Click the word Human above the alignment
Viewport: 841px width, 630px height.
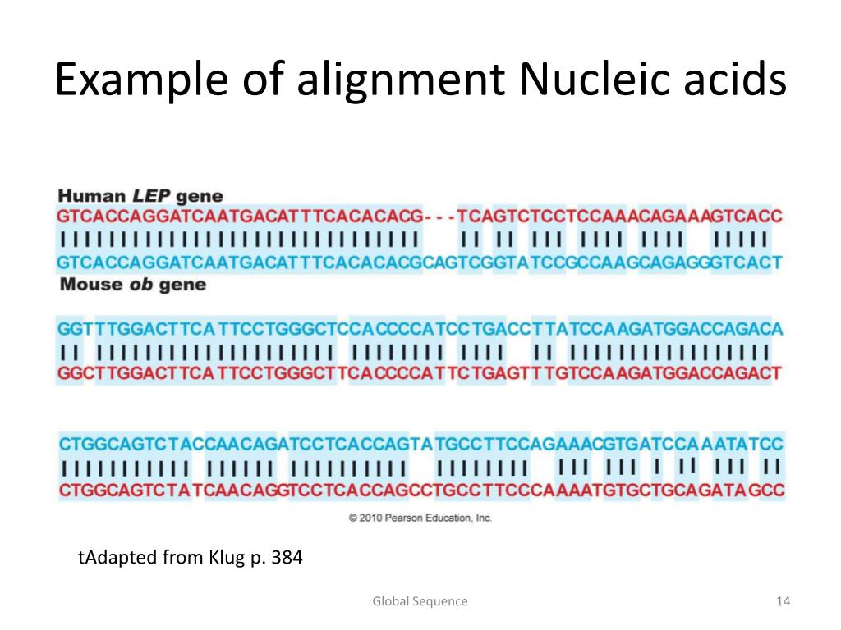click(91, 197)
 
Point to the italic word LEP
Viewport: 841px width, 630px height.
click(150, 197)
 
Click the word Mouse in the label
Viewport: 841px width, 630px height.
click(91, 285)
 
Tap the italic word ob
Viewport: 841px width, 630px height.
click(138, 285)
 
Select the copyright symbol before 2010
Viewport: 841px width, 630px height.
click(353, 518)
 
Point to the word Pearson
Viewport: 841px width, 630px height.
click(406, 518)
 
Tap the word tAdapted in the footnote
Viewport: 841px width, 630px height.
click(111, 559)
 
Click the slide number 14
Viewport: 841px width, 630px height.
click(782, 601)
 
